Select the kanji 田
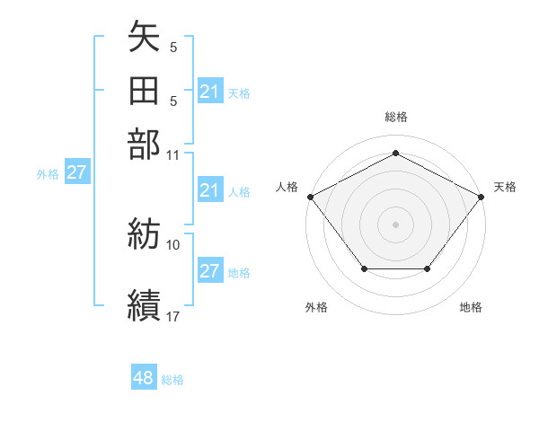point(144,92)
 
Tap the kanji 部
point(144,144)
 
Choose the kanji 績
point(144,304)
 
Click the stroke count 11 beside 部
point(173,154)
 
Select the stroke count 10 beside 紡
point(173,244)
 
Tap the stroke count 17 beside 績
point(173,315)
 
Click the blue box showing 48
point(143,378)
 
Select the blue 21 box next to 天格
point(210,92)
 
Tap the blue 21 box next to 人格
point(210,190)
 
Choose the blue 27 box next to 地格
point(210,271)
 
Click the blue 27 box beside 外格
point(75,172)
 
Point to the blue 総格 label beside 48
point(172,380)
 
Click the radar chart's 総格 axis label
point(395,117)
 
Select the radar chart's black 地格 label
point(471,307)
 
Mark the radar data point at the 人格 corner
point(309,196)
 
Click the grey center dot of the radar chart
point(395,224)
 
